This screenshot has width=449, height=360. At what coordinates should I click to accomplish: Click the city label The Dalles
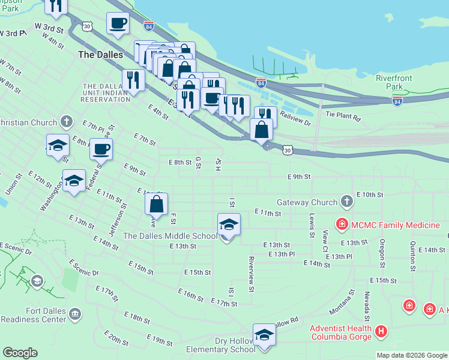(101, 55)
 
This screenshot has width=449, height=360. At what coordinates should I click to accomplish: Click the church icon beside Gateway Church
(346, 201)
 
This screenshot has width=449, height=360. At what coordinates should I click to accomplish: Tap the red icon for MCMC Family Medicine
(342, 225)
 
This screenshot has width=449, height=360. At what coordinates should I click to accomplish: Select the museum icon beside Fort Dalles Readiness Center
(75, 313)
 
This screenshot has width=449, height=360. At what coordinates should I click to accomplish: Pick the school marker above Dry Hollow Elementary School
(264, 335)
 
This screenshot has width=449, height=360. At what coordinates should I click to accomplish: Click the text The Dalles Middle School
(170, 236)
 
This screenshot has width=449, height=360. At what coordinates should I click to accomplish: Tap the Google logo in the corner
(20, 353)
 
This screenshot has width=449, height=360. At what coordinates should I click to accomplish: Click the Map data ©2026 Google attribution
(412, 355)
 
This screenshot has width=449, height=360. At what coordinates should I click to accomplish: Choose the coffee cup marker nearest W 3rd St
(118, 24)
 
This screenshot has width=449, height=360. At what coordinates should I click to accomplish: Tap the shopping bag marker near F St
(156, 204)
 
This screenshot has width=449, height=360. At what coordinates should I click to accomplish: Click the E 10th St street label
(369, 195)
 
